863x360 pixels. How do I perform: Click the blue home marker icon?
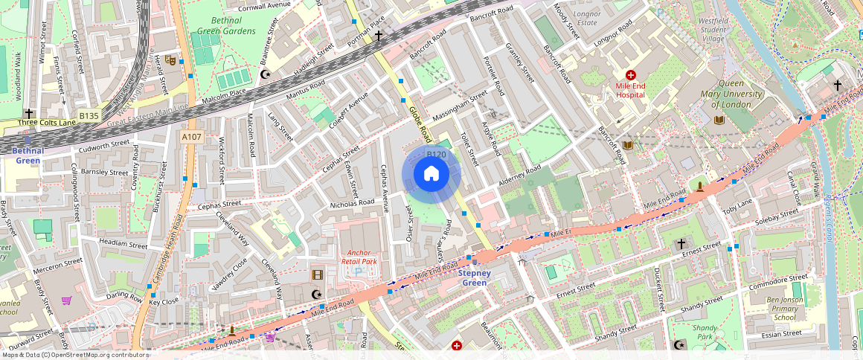(x=431, y=175)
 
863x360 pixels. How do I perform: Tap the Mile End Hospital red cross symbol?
(x=631, y=75)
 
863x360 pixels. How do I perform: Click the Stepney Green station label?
(x=475, y=278)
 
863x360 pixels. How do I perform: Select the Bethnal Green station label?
(x=28, y=155)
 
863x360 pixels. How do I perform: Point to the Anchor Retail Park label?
(x=359, y=257)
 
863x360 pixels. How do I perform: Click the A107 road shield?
(x=191, y=136)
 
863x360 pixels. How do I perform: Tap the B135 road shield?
(x=89, y=115)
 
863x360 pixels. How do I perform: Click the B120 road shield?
(x=436, y=155)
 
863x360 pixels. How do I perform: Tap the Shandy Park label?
(x=705, y=332)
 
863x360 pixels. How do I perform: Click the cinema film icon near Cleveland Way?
(x=318, y=274)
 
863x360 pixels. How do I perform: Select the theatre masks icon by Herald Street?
(x=170, y=60)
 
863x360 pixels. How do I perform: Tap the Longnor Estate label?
(x=586, y=18)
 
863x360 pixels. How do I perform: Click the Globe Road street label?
(x=420, y=123)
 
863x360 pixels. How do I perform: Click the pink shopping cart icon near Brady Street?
(x=66, y=301)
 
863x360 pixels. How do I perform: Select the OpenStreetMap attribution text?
(x=74, y=355)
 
